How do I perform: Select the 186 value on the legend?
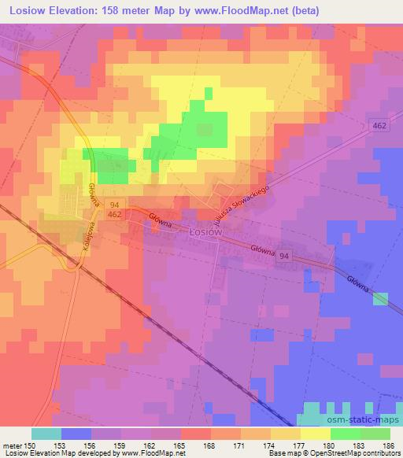point(387,446)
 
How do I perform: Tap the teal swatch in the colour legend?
point(46,434)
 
